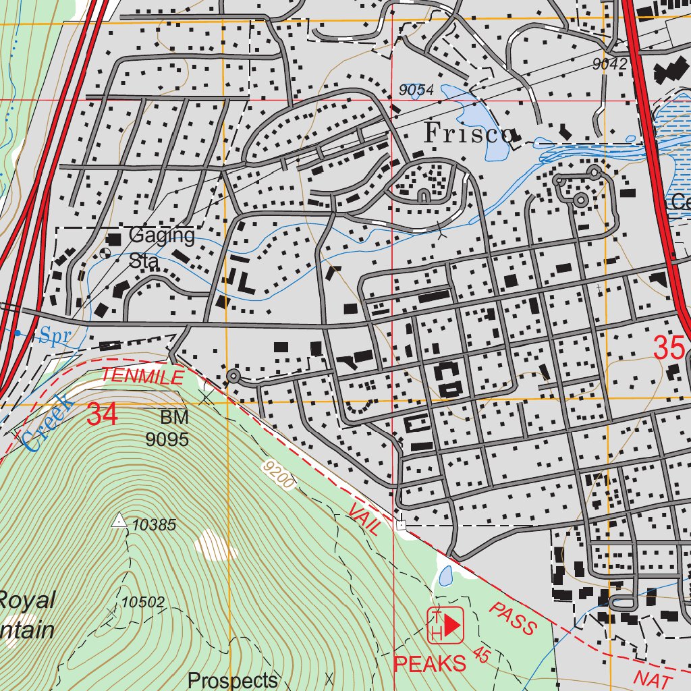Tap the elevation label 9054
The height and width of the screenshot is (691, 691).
click(x=416, y=90)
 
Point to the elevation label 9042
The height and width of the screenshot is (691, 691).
click(x=609, y=64)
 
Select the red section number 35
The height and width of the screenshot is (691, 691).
click(x=669, y=348)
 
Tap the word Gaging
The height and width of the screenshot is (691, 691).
click(x=161, y=236)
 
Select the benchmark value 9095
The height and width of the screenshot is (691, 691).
click(x=167, y=440)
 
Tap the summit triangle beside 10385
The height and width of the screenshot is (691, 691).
click(x=119, y=520)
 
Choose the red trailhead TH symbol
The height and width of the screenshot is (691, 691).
click(x=445, y=625)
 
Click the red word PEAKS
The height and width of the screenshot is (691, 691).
click(x=430, y=663)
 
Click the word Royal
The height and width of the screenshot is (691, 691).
click(x=27, y=600)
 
